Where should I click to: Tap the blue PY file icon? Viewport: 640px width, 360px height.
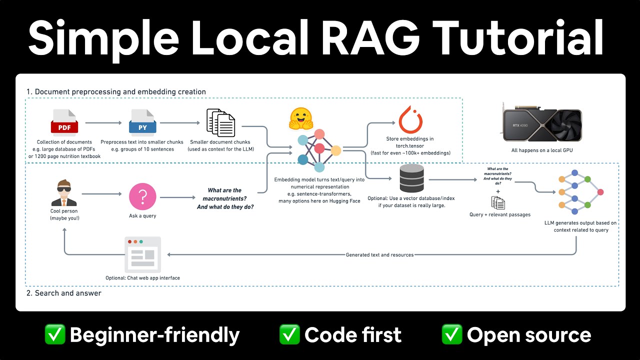142,122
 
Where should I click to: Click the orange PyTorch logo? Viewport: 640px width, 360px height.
410,119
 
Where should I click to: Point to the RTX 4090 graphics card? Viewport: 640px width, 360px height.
541,122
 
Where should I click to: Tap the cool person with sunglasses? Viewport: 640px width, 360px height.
64,193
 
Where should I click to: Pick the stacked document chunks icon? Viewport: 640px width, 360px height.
221,123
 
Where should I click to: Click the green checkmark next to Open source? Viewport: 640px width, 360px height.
451,334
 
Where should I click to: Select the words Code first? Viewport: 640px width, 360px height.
352,334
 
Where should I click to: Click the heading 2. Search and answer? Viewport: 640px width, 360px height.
63,293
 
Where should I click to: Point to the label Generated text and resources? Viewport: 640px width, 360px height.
379,254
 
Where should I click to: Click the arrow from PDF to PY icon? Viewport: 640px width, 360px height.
103,122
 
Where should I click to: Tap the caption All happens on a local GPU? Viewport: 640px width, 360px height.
541,150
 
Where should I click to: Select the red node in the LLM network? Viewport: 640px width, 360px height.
600,192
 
